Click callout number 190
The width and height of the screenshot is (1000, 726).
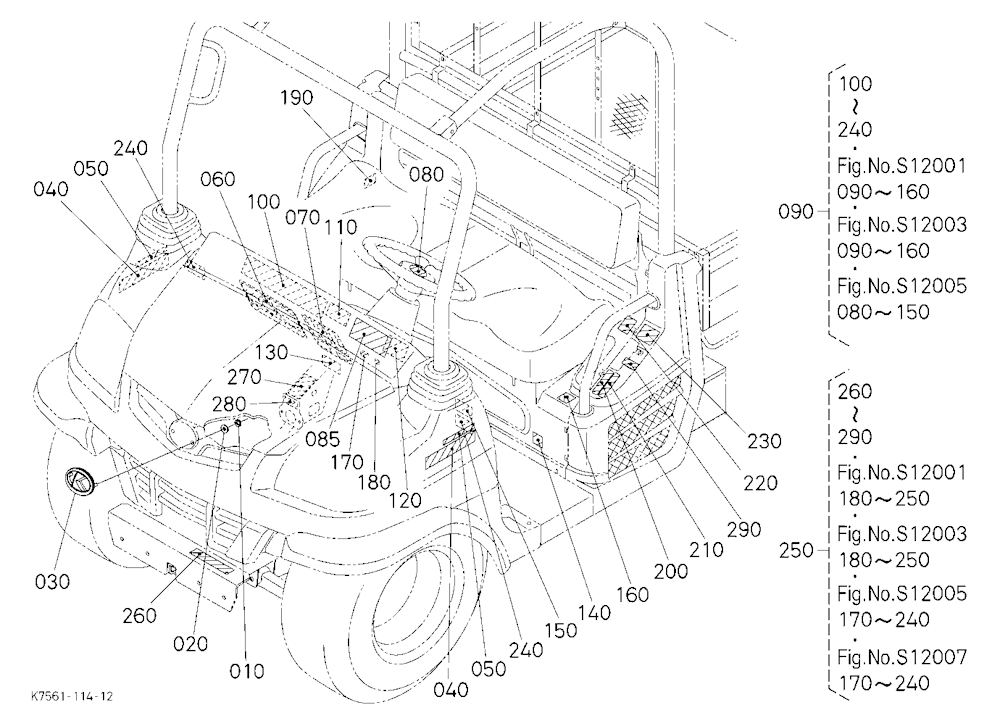coord(297,98)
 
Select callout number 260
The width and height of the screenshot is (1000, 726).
coord(140,616)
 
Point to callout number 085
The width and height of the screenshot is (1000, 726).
coord(322,439)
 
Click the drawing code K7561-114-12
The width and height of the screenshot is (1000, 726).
coord(71,696)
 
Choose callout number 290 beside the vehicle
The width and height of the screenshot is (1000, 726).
coord(744,530)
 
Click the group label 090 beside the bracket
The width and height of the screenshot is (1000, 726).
coord(795,211)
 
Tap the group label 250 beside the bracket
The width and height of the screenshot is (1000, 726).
coord(796,550)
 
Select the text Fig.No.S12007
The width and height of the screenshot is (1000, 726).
coord(902,656)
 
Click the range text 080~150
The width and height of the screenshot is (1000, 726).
coord(883,312)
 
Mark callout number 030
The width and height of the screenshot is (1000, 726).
coord(52,582)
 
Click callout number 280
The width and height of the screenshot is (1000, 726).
coord(229,404)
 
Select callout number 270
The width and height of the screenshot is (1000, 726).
coord(244,378)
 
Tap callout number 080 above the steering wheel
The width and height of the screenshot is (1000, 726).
coord(426,175)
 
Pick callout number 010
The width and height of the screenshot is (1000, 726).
coord(246,671)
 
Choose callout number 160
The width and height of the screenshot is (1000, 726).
coord(632,595)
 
